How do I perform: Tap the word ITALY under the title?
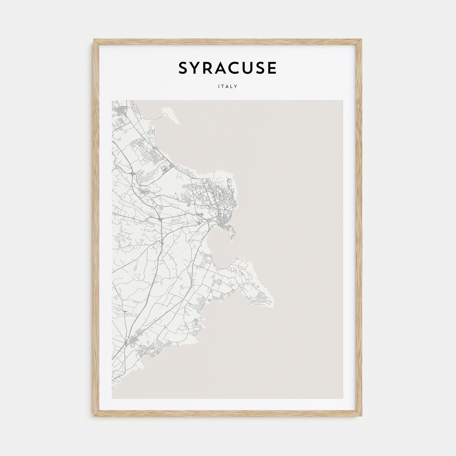click(228, 87)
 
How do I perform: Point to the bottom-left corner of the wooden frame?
click(94, 417)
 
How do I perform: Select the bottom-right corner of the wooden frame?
click(362, 417)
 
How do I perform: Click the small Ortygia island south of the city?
click(232, 232)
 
